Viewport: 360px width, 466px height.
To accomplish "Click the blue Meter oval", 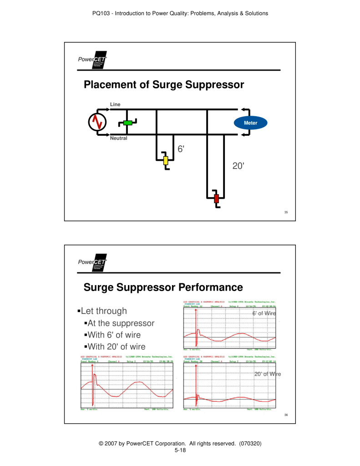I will [250, 123].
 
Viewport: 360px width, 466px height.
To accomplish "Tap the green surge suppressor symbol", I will [127, 123].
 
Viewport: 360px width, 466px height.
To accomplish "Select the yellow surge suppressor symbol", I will [166, 160].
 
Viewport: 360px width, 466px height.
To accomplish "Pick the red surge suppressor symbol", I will [216, 198].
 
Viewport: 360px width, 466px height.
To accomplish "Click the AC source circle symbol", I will [97, 122].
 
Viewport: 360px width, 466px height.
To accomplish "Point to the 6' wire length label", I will [181, 149].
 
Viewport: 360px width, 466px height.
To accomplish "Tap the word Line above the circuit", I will [115, 105].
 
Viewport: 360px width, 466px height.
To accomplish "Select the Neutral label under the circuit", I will [119, 138].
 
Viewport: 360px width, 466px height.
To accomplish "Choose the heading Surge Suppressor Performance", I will [163, 287].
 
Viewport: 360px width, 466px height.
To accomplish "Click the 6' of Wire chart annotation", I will [264, 313].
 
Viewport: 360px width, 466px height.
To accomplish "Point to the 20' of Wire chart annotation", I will [267, 374].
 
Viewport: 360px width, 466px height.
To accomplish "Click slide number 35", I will [286, 212].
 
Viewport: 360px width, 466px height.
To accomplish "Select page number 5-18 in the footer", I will [180, 450].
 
